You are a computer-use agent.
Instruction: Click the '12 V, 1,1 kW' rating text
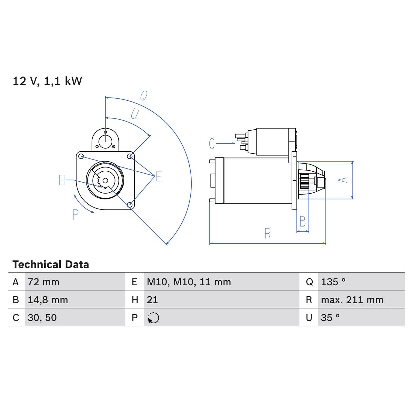[47, 81]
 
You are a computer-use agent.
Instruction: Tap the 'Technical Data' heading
[51, 265]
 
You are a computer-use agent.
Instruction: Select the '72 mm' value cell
[44, 282]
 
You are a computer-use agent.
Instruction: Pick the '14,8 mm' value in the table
[48, 300]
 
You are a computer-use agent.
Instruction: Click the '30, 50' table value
[42, 318]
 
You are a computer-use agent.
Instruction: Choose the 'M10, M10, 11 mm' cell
[189, 282]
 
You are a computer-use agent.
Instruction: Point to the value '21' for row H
[152, 300]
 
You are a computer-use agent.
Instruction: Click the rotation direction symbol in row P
[154, 318]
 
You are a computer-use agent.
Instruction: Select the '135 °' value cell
[333, 282]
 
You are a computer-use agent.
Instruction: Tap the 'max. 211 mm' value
[352, 300]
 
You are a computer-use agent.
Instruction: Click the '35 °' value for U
[330, 318]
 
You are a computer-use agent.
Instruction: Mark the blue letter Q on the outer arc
[144, 96]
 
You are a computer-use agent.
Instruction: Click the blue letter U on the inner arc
[135, 114]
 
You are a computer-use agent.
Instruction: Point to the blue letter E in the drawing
[159, 177]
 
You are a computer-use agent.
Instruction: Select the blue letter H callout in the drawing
[62, 180]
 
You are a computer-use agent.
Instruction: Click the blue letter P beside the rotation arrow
[75, 215]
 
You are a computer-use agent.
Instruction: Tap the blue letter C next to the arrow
[212, 144]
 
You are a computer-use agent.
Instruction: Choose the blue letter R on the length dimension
[267, 234]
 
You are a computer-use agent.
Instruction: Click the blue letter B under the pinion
[302, 222]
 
